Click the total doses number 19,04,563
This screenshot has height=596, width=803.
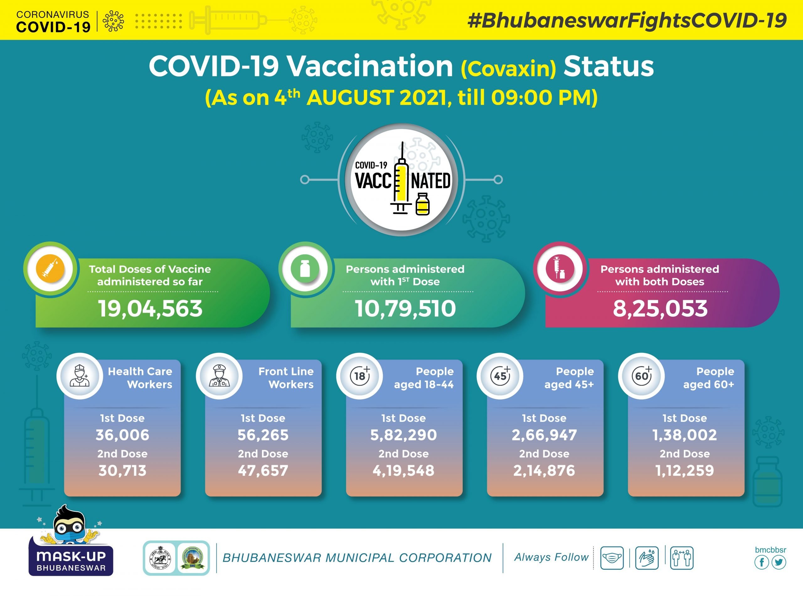[x=150, y=309]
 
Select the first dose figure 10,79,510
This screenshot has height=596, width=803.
[x=405, y=309]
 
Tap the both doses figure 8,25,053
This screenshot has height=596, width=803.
[x=660, y=309]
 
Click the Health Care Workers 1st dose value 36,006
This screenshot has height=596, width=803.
[x=122, y=435]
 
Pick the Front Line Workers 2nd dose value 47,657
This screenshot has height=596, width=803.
[x=263, y=470]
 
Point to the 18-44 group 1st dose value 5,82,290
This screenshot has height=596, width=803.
[x=403, y=435]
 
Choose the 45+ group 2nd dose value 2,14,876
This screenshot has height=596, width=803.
[x=544, y=470]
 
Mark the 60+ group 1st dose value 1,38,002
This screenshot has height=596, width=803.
[x=685, y=435]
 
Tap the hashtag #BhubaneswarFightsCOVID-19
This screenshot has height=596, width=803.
[x=627, y=20]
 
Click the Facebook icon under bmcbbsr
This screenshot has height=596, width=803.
[x=762, y=562]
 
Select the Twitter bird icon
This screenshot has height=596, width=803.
[x=779, y=562]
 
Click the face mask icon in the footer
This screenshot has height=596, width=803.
[x=612, y=558]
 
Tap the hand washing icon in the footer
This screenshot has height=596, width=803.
[x=647, y=558]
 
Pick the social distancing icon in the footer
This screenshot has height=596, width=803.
[x=682, y=558]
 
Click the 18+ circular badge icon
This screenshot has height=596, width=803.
[x=360, y=376]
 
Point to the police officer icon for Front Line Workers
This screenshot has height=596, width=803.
[x=219, y=376]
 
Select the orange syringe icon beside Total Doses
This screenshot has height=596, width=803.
[x=51, y=269]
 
